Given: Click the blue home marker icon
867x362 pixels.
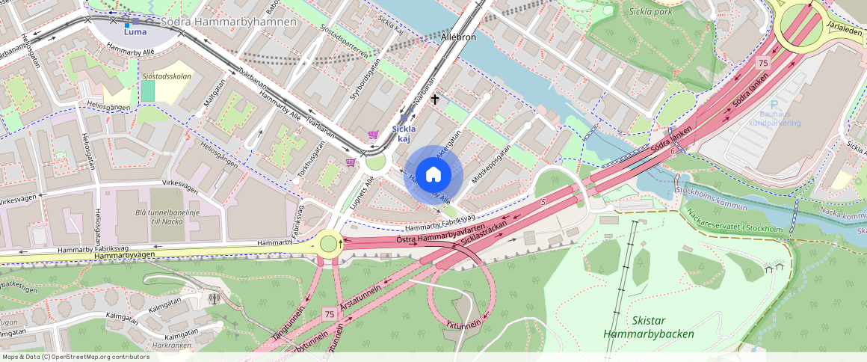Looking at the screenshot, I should [433, 175].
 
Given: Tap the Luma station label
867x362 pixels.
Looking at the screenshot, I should [135, 31].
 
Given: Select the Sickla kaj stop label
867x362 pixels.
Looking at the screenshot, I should [404, 132].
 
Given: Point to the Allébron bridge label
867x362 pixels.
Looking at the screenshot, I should [458, 37].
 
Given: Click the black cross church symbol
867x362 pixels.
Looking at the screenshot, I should [434, 99].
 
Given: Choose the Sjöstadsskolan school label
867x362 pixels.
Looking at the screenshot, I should [167, 76].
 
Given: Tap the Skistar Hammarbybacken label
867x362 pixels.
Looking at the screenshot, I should [648, 327].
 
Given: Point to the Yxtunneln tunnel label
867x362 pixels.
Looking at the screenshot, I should [464, 325].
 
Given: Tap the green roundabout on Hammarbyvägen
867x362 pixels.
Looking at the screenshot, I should [329, 243].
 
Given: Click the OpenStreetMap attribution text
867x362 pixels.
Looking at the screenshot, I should [75, 357].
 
